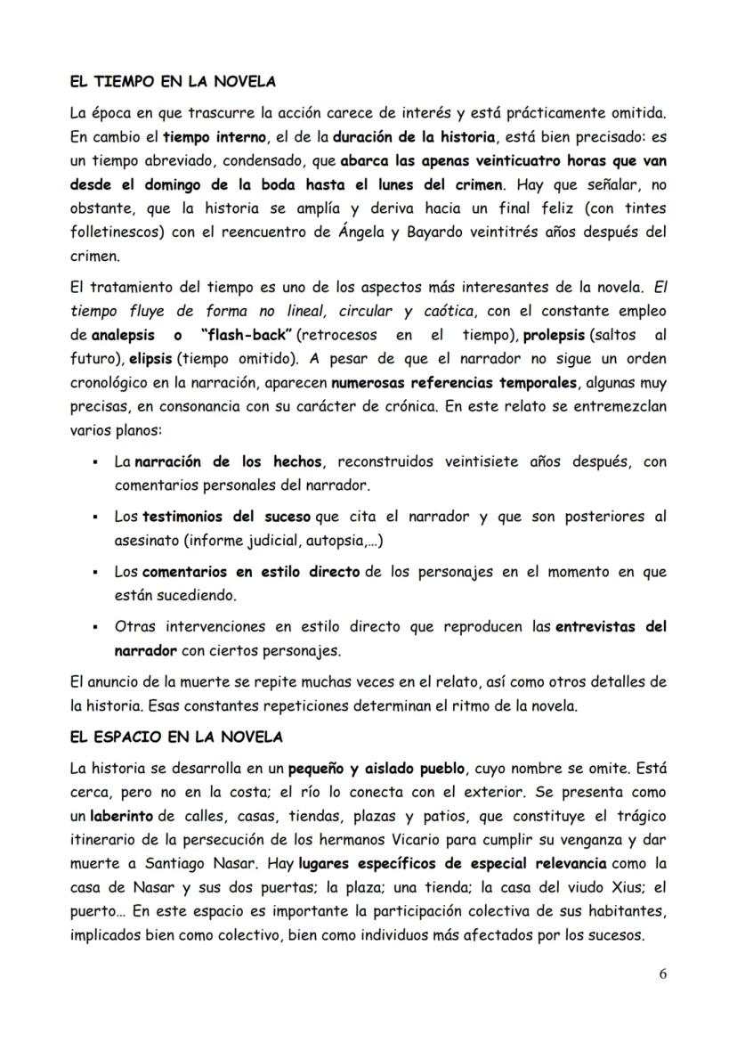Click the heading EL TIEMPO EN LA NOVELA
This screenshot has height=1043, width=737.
point(172,81)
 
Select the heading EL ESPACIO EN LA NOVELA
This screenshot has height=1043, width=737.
point(175,737)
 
